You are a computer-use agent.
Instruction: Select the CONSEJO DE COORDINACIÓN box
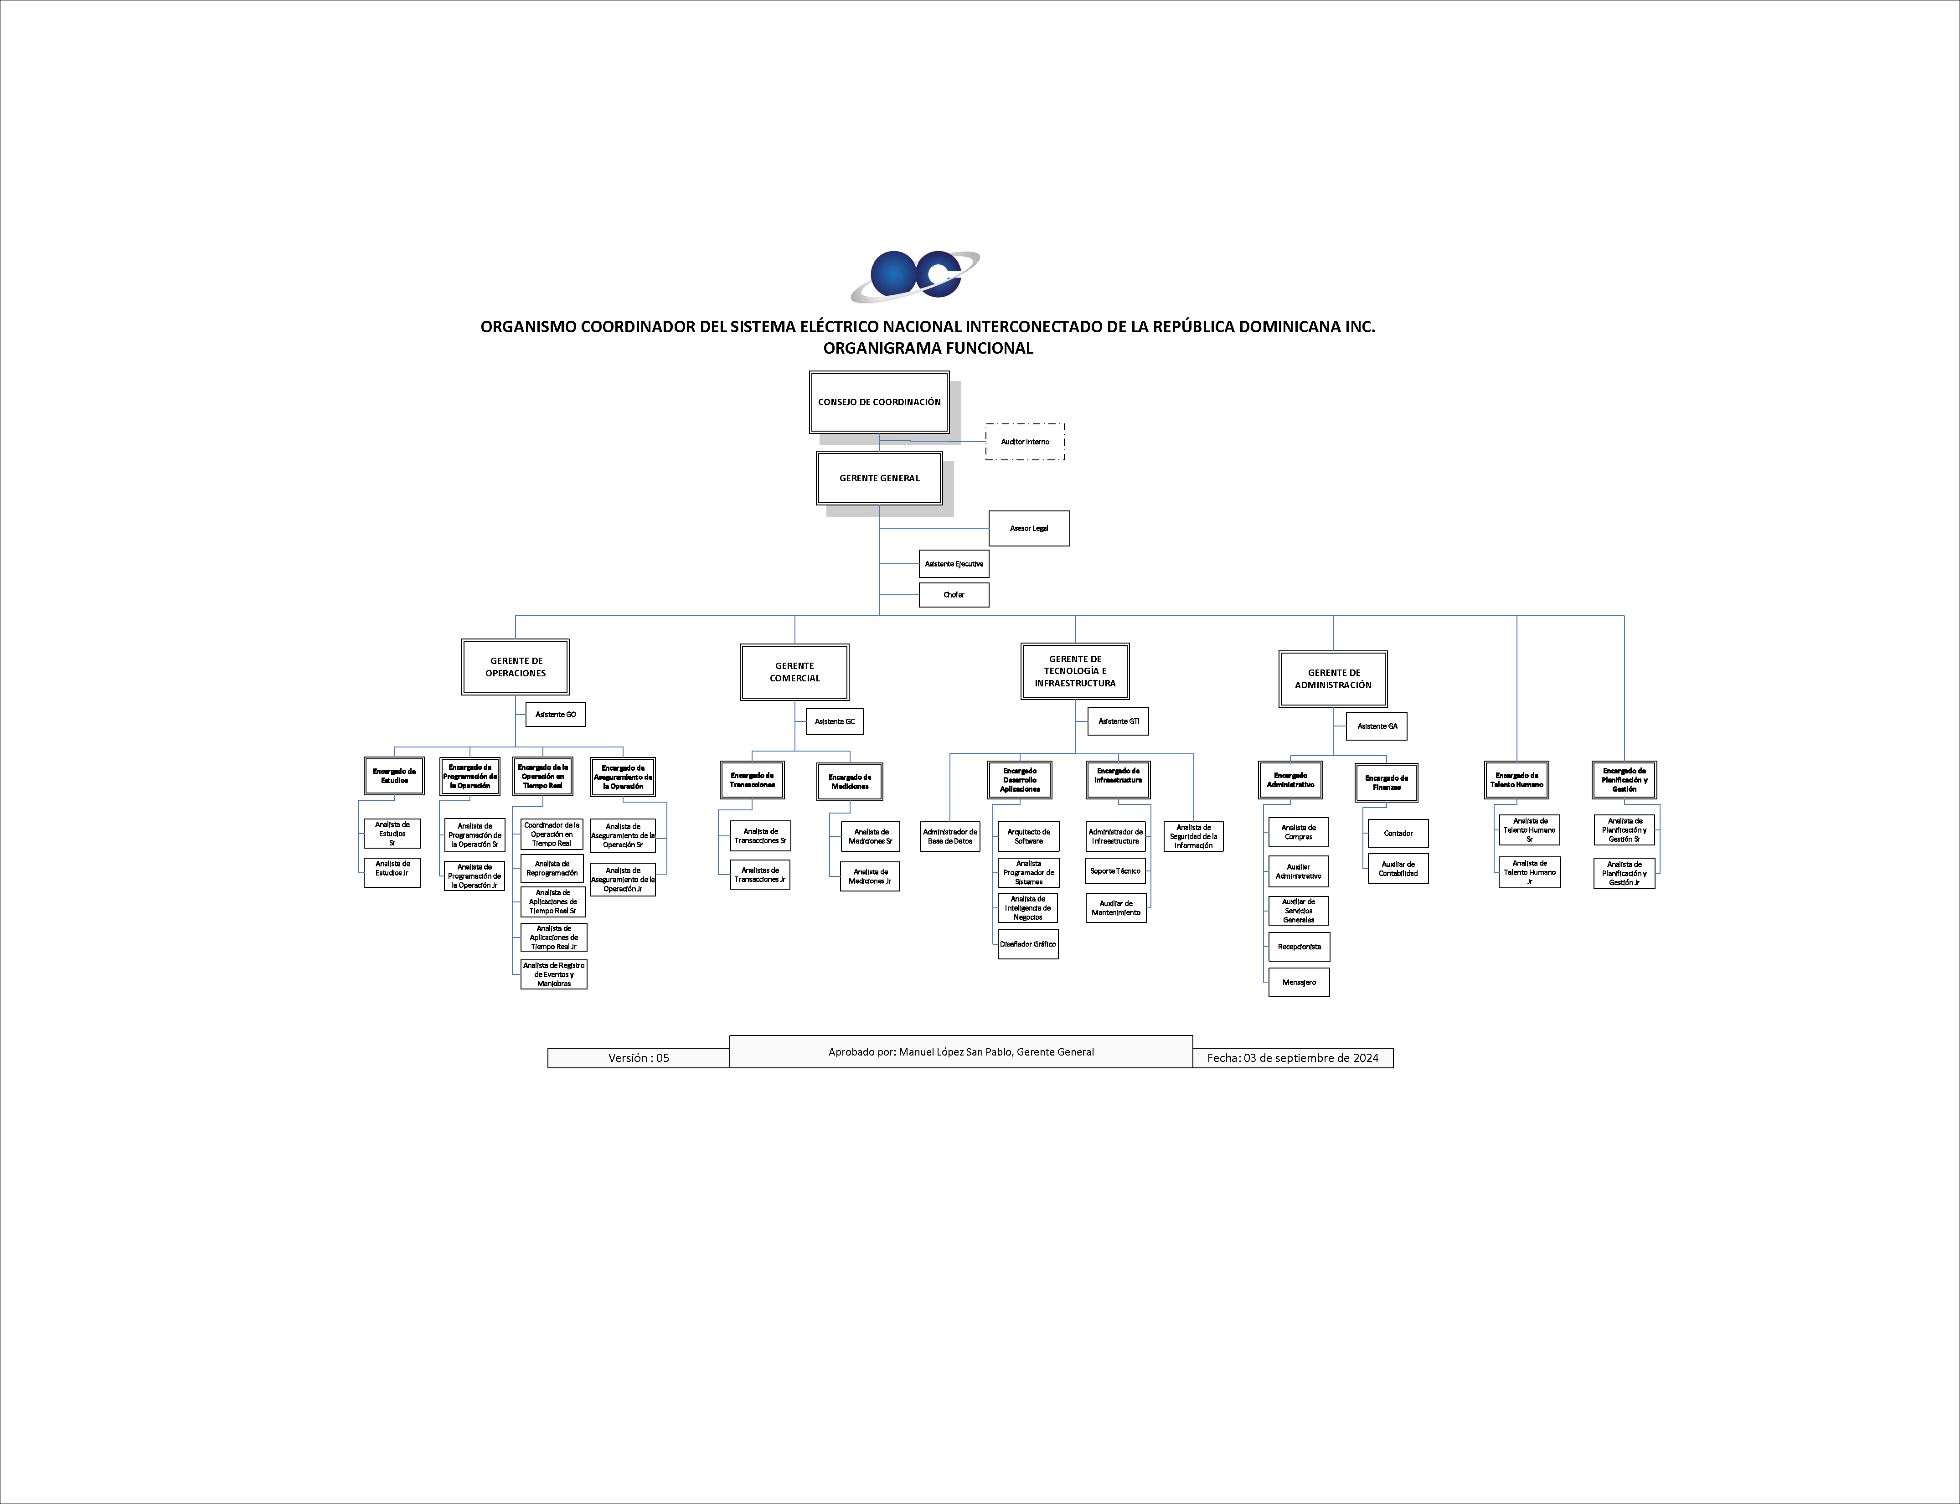879,402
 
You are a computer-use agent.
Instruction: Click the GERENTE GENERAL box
879,478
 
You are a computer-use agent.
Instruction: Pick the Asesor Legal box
1029,528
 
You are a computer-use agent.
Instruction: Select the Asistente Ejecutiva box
954,564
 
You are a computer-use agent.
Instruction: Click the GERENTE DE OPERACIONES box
516,667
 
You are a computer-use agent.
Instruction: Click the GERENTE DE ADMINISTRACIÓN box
1333,679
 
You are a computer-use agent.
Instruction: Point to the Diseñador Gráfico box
1028,944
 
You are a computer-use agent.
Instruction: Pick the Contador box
1398,834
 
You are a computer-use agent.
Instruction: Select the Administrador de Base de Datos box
950,836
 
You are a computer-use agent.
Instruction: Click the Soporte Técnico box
1116,871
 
